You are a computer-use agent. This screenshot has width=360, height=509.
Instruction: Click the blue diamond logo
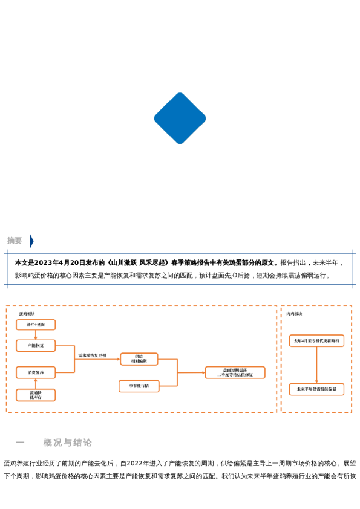coord(180,118)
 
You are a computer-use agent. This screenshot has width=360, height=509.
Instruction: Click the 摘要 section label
coord(15,241)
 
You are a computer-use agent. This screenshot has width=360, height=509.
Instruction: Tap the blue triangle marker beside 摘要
coord(31,241)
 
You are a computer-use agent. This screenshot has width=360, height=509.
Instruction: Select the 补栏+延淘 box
coord(36,325)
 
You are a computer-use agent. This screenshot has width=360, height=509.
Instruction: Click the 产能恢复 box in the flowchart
coord(36,346)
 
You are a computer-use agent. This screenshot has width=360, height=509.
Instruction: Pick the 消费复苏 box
coord(36,372)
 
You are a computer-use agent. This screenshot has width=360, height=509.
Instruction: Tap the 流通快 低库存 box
coord(36,395)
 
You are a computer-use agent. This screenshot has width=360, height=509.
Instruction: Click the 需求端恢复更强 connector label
coord(92,355)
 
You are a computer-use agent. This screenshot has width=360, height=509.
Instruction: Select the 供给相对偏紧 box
coord(139,359)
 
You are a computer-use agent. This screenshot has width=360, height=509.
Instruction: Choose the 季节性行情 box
coord(139,386)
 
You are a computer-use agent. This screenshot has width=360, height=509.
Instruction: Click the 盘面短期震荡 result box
coord(235,372)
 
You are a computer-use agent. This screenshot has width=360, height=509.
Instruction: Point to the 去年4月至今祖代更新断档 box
coord(316,341)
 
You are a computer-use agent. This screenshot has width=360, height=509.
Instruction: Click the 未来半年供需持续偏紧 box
coord(316,389)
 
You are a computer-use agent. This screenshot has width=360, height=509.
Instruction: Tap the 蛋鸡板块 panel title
coord(27,314)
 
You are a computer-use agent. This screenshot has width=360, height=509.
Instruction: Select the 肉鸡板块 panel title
coord(294,314)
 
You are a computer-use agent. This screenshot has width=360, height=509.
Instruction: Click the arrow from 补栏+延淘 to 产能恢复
coord(36,335)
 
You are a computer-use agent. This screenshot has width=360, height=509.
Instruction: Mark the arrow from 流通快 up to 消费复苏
coord(36,383)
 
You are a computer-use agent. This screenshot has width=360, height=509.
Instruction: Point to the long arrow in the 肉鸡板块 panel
coord(316,365)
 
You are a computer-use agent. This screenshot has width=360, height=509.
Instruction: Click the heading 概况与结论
coord(67,443)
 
